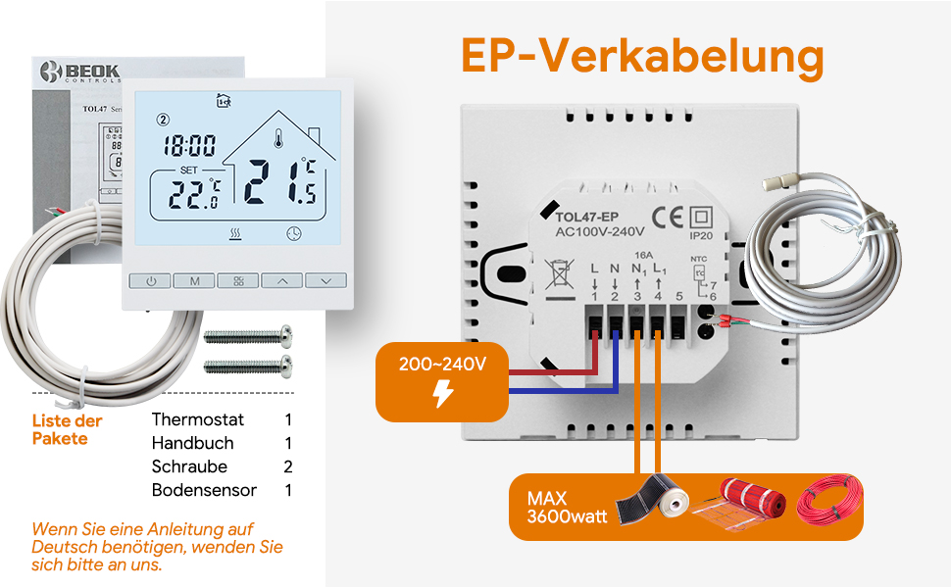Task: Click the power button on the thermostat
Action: tap(151, 281)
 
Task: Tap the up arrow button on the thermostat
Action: tap(282, 281)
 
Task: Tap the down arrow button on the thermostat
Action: tap(325, 281)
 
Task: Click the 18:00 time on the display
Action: tap(189, 147)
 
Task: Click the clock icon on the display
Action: tap(294, 234)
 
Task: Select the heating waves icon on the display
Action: tap(236, 234)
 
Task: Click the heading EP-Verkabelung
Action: tap(642, 58)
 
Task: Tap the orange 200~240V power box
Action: tap(442, 379)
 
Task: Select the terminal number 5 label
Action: tap(679, 296)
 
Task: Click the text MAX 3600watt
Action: tap(560, 508)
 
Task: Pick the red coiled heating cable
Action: tap(828, 506)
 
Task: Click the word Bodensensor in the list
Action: tap(204, 490)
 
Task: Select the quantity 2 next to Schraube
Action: tap(288, 466)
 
